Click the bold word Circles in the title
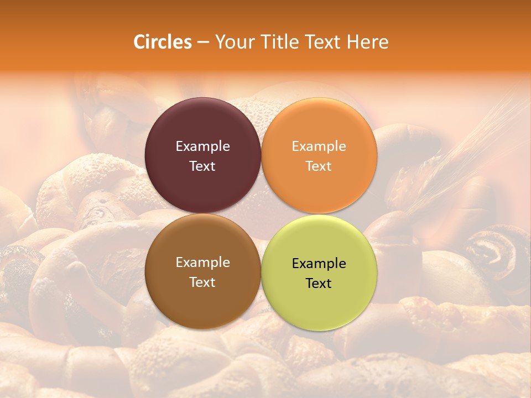163,42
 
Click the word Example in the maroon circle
202,146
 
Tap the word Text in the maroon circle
202,166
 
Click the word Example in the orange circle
319,146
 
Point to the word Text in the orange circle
319,166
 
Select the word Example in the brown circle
202,262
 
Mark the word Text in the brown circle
202,282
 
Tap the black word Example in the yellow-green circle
319,263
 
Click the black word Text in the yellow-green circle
319,283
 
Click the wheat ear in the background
465,149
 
